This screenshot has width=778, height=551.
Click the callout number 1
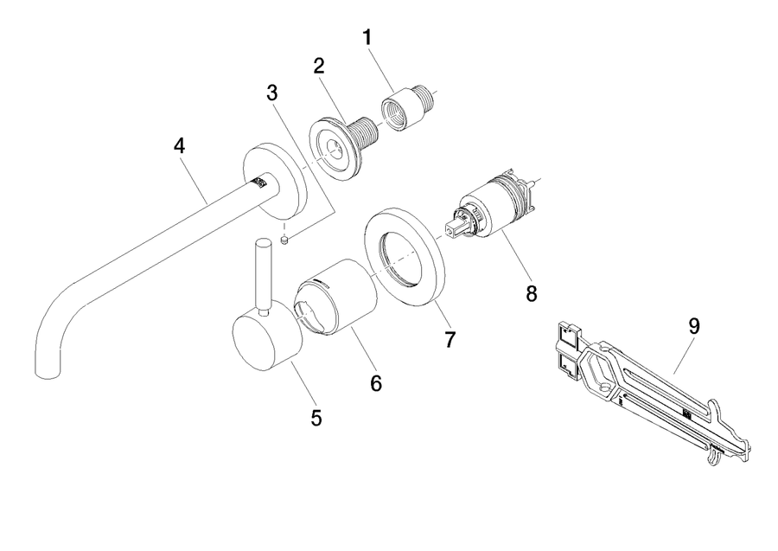point(367,38)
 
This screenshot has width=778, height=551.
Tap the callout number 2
point(319,66)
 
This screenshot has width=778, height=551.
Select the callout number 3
point(272,93)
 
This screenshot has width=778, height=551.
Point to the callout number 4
point(179,146)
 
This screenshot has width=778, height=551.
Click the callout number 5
point(316,418)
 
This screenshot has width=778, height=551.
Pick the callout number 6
point(376,383)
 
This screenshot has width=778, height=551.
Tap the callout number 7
point(450,340)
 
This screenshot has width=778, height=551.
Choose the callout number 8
point(532,294)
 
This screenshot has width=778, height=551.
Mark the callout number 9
point(693,327)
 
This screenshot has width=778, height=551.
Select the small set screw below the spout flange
point(284,240)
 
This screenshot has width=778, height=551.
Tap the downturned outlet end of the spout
point(48,370)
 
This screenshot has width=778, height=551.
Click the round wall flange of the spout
point(274,182)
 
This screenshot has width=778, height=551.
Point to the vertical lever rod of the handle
point(263,276)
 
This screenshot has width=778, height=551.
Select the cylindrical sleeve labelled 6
point(335,297)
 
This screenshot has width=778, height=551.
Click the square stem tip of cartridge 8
point(452,229)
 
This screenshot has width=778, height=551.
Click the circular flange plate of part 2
point(334,150)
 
